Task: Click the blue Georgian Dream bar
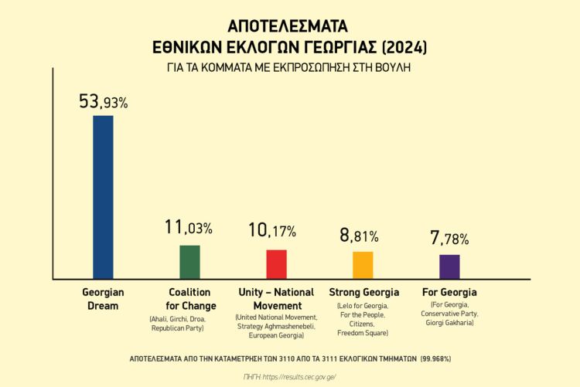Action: click(x=103, y=197)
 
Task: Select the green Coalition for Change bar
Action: click(x=189, y=262)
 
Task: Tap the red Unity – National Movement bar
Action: click(x=276, y=264)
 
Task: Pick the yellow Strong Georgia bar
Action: click(x=363, y=265)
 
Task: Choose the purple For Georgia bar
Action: click(x=449, y=266)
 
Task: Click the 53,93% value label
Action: click(x=103, y=101)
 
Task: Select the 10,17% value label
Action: click(x=271, y=230)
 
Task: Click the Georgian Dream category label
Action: click(x=103, y=299)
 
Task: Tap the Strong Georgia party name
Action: click(x=363, y=293)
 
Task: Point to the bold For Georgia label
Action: click(x=449, y=293)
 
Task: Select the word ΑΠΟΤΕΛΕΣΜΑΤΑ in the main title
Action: click(x=288, y=25)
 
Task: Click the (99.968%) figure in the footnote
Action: click(x=436, y=359)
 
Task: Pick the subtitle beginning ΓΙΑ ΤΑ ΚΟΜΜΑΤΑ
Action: click(x=288, y=67)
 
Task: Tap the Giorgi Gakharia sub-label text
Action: click(x=449, y=322)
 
